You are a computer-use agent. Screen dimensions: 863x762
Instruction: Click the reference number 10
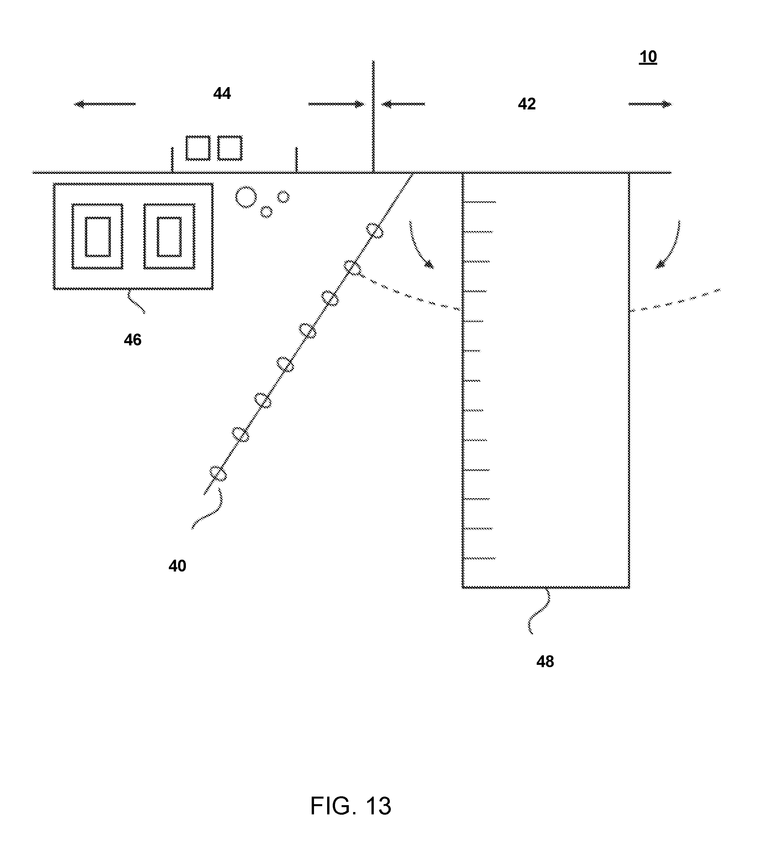coord(648,57)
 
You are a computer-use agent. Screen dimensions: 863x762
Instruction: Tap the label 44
coord(222,94)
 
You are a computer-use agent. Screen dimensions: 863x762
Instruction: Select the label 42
coord(527,104)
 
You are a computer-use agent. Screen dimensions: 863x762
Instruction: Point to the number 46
coord(132,340)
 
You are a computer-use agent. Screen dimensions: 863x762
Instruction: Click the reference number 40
coord(177,566)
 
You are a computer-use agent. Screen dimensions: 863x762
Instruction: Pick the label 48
coord(545,662)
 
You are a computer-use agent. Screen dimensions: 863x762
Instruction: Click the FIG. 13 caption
coord(351,806)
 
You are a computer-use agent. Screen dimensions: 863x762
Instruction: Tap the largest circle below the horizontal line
coord(246,197)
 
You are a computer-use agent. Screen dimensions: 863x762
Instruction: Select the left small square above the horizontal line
coord(198,148)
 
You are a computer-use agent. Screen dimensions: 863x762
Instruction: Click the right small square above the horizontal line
coord(230,148)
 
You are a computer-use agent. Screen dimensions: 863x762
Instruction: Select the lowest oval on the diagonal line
coord(218,473)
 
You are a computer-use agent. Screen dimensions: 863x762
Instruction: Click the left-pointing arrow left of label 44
coord(105,104)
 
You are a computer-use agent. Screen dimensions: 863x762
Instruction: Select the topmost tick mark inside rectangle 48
coord(479,202)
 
